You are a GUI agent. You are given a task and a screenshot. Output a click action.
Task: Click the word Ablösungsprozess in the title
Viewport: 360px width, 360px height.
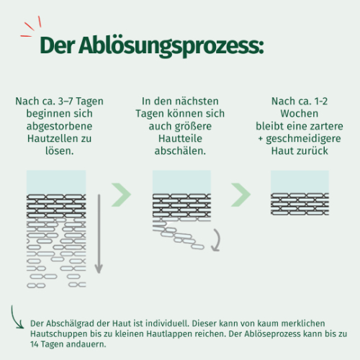(171, 46)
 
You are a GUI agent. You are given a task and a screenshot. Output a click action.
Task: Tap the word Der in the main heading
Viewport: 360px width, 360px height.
(57, 45)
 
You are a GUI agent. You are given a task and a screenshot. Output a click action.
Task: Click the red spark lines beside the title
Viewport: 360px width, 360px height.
(31, 27)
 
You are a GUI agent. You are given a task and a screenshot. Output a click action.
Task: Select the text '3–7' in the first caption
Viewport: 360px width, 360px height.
(66, 101)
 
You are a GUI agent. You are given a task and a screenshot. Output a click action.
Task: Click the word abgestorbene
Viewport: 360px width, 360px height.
(59, 126)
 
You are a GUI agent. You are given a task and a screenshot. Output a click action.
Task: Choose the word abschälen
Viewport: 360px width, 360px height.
(180, 150)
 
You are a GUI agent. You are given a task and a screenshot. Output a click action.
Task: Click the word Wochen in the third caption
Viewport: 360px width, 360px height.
(300, 114)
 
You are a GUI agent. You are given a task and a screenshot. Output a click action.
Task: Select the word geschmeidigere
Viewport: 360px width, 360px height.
(303, 139)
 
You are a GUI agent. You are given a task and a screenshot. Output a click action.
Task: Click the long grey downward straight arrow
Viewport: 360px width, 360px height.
(99, 234)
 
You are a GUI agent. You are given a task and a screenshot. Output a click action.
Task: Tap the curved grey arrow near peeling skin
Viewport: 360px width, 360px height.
(218, 240)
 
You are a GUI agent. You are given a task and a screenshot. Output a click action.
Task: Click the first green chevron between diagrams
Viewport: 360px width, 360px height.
(121, 194)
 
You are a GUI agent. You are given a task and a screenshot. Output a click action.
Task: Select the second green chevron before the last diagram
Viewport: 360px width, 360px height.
(240, 194)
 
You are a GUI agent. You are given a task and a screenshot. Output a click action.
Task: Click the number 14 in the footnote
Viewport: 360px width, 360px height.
(34, 344)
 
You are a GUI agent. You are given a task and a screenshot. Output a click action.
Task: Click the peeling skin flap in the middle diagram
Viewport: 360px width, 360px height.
(178, 236)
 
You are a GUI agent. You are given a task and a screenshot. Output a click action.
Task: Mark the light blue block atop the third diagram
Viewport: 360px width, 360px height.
(300, 181)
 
